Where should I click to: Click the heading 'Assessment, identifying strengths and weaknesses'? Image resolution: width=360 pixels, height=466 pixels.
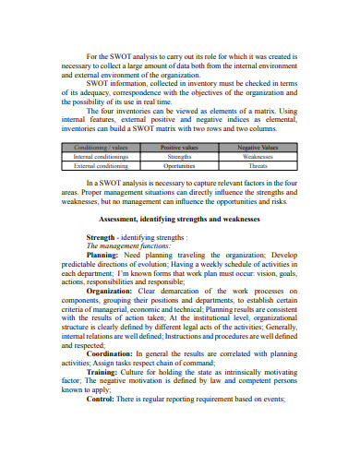point(180,219)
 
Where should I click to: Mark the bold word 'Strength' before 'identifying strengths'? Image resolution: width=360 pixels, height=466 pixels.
point(101,236)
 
